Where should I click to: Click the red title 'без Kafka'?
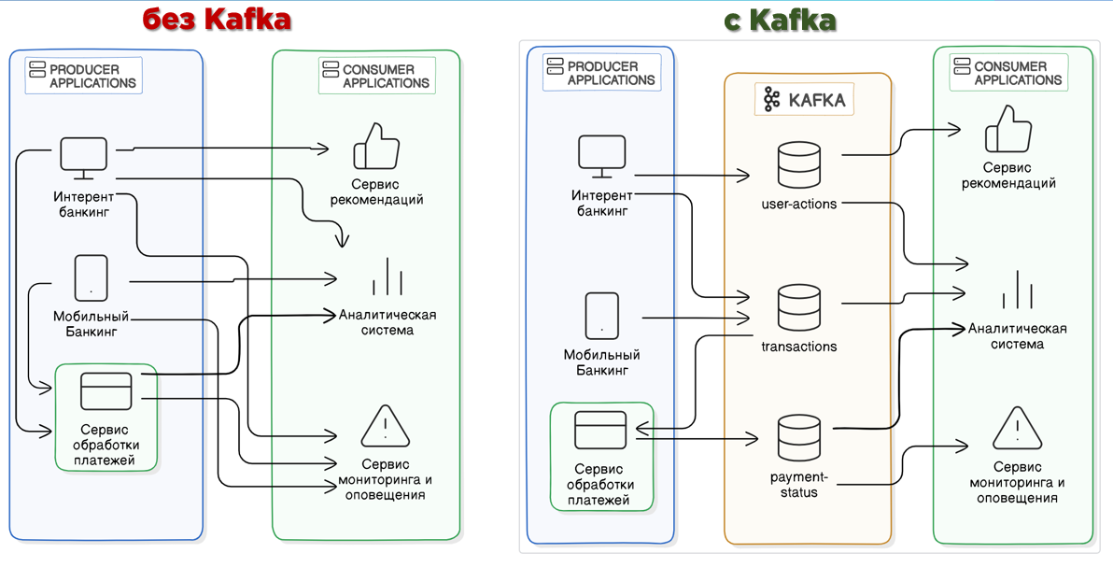(x=217, y=20)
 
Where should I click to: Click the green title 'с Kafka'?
(x=779, y=20)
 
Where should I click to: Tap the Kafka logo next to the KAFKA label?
(x=771, y=99)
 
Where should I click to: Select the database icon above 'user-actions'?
(x=798, y=165)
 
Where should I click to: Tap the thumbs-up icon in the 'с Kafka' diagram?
(x=1008, y=129)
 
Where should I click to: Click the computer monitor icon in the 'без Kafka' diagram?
(x=83, y=159)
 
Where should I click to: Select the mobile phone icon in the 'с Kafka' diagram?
(x=601, y=316)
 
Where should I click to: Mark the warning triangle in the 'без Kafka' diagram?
(x=385, y=427)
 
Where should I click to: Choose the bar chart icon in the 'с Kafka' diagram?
(x=1017, y=291)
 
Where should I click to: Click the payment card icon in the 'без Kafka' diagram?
(x=106, y=391)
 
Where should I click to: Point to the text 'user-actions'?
(x=799, y=204)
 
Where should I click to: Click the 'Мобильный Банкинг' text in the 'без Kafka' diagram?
(x=91, y=323)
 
